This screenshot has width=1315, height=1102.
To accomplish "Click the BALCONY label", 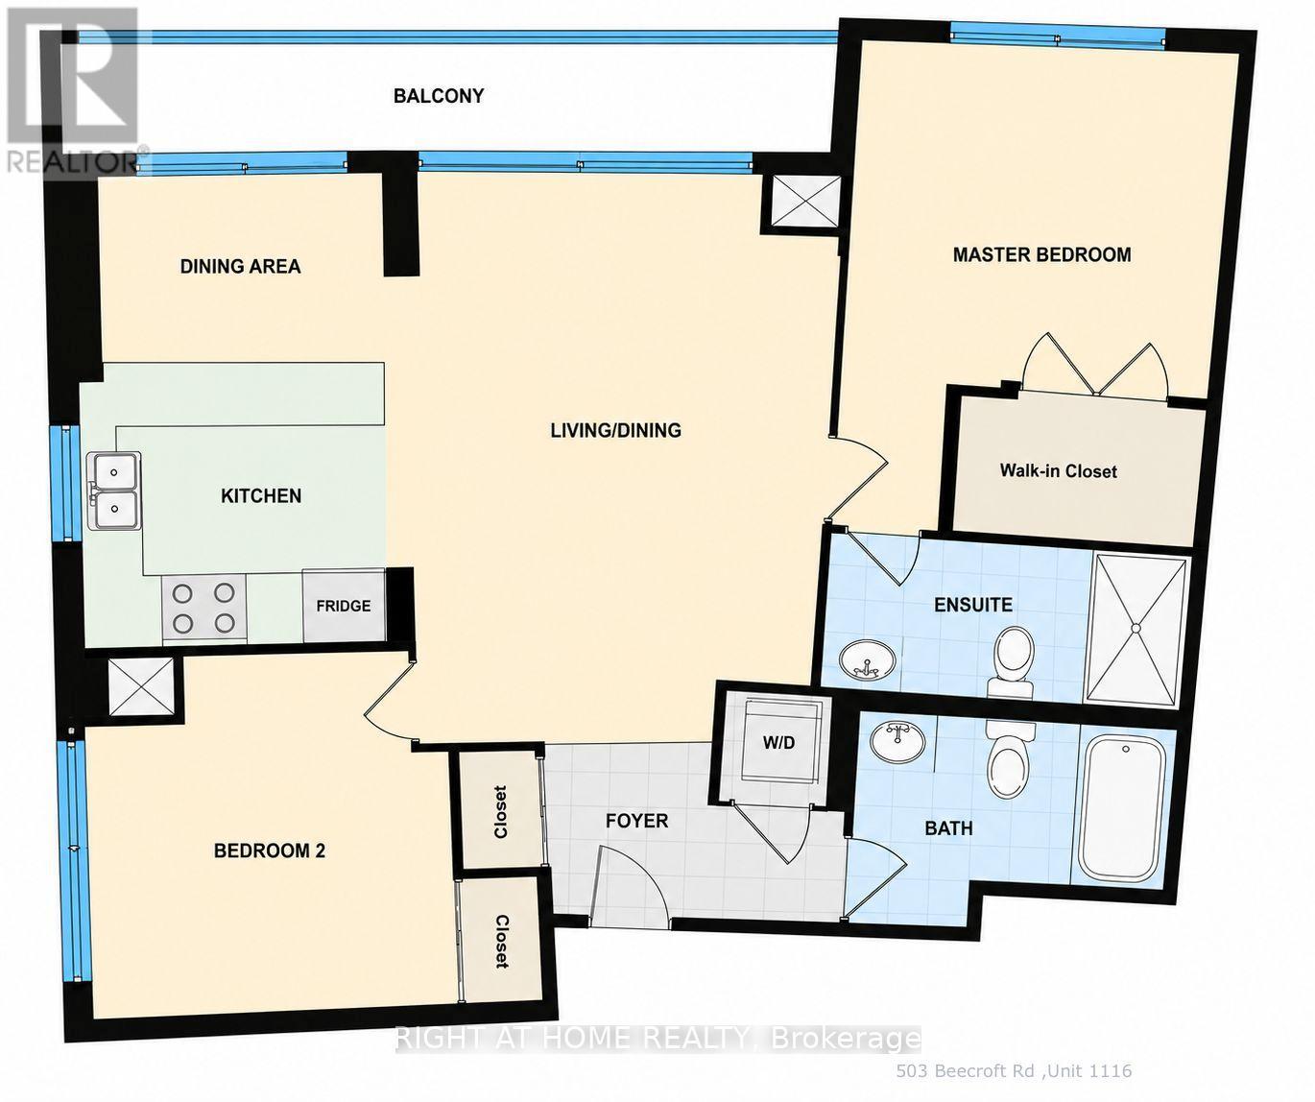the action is point(439,96).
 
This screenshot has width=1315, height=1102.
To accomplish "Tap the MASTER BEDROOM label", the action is point(1041,254).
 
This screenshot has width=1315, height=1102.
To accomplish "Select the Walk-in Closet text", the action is point(1058,471).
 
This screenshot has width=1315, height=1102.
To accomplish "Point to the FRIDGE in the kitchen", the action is point(344,606).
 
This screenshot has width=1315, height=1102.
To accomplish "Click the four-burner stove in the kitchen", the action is point(204,609).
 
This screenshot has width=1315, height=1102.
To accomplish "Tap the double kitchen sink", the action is point(114,491).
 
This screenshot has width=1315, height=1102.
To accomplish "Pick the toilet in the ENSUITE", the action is point(1014,660).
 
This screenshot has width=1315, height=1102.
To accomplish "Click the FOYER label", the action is point(636,821).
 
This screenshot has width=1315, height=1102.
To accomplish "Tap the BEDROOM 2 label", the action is point(270,850).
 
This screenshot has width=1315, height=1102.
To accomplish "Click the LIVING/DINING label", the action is point(616,430).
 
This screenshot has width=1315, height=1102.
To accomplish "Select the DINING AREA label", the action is point(241,266).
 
